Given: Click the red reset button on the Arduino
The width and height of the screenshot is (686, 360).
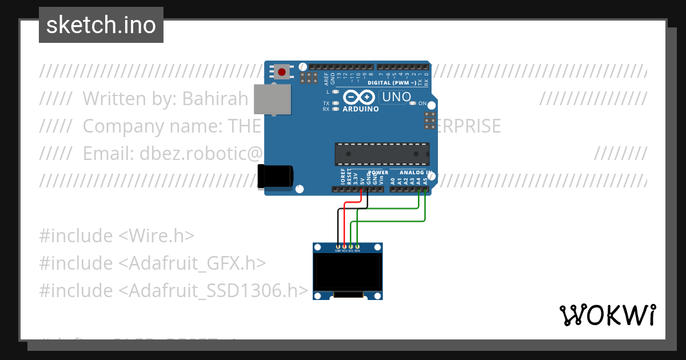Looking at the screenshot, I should point(282,72).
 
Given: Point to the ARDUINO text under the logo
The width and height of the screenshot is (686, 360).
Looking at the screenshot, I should point(360,109).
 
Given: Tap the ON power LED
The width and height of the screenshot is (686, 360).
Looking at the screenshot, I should point(416,103).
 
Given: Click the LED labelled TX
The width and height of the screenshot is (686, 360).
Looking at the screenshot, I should point(336,103).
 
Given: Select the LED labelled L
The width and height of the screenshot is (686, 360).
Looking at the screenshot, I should point(336,91).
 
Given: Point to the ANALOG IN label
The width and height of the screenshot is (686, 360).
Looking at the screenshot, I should point(416,172).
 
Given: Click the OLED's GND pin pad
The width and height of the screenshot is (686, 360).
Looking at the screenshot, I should point(338,247).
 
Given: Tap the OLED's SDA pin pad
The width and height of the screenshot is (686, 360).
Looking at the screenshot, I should point(357,247).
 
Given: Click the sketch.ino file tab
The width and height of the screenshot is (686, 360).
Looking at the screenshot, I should point(101,25).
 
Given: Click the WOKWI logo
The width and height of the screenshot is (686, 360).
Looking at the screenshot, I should point(607,315).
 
